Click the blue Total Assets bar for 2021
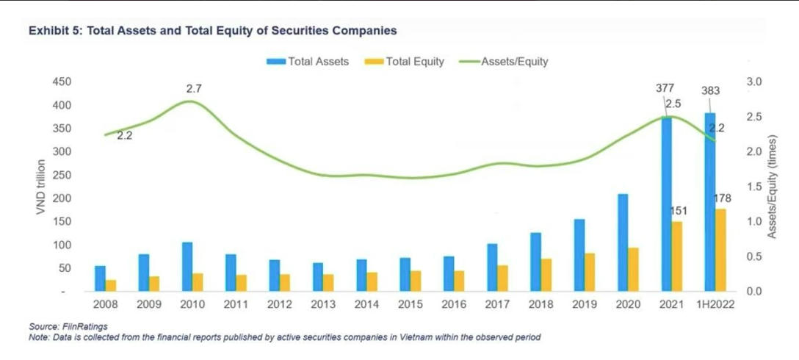[666, 206]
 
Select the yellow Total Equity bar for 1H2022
[720, 250]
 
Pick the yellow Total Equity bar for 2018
[546, 275]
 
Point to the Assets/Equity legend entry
[514, 62]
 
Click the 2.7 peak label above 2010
[194, 89]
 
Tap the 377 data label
[665, 88]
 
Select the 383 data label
[710, 91]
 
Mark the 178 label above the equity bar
[723, 198]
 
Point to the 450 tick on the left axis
[62, 82]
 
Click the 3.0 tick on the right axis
[755, 82]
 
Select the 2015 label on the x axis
[411, 303]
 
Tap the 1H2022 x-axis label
[715, 303]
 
